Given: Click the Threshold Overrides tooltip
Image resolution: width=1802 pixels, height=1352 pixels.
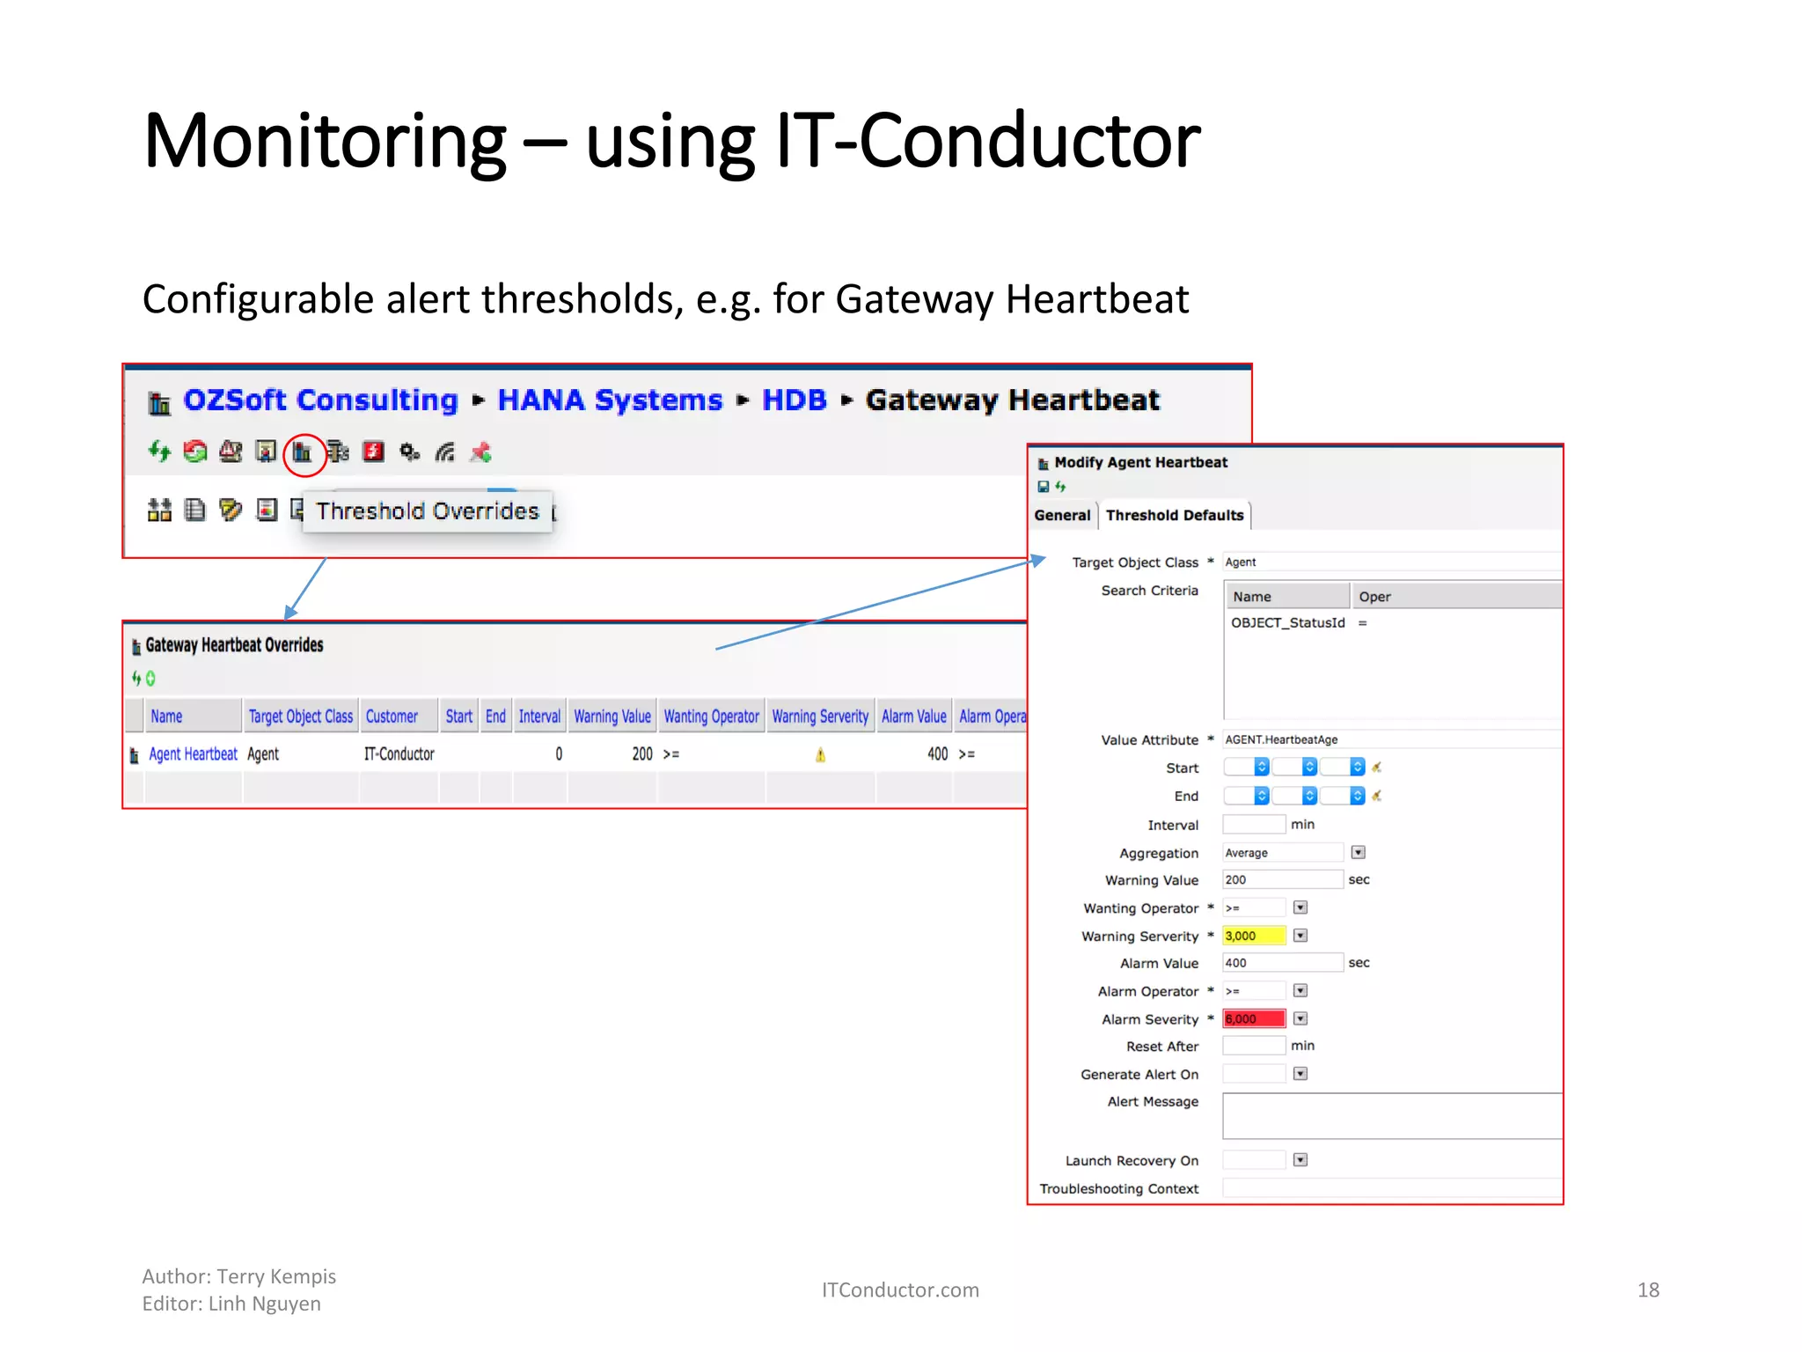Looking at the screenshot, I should [428, 511].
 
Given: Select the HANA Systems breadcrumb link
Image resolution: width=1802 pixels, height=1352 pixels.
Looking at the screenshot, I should [610, 400].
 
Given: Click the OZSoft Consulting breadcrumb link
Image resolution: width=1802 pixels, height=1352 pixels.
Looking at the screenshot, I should [320, 400].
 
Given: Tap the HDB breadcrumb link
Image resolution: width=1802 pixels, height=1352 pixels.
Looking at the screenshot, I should [794, 400].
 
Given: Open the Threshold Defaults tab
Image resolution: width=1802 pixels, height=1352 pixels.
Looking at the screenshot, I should [1175, 516].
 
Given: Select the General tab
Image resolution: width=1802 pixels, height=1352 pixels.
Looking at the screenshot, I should [1062, 516].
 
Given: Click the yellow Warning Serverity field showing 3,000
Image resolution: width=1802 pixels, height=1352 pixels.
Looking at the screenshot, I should [1254, 936].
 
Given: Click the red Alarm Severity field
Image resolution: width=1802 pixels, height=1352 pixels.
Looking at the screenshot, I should [1254, 1019].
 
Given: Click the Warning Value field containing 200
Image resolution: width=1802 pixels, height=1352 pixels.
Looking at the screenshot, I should [1281, 880].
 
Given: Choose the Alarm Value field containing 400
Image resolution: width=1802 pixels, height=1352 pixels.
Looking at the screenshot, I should [1281, 963].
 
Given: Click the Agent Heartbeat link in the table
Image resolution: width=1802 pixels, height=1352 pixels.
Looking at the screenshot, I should [193, 754].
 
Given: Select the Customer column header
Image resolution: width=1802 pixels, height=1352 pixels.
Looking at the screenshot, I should [392, 716].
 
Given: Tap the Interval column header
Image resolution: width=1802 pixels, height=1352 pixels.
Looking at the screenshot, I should [539, 716].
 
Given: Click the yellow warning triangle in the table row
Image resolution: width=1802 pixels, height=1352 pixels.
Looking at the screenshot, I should [820, 755].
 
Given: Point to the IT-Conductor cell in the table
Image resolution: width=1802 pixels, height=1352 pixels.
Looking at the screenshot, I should [399, 754].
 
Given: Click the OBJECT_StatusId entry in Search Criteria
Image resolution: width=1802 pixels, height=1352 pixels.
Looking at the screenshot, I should [1287, 623].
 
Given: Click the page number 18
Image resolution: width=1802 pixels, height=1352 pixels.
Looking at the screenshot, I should [1648, 1290].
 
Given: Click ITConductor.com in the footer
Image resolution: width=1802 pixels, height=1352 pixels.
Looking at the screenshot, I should [900, 1290].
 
